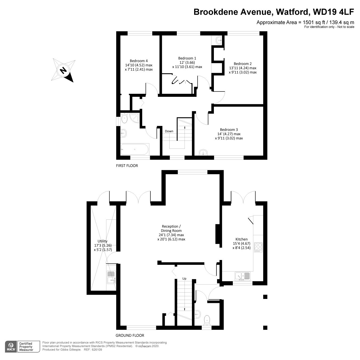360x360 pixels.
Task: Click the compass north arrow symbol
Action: tap(63, 70)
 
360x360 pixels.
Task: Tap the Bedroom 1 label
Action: tap(187, 58)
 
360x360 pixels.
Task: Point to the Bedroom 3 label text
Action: tap(229, 130)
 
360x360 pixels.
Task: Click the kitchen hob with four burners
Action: tap(258, 247)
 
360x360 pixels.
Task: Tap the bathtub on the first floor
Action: tap(135, 149)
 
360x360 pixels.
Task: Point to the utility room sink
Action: tap(111, 277)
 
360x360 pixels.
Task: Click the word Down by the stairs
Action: tap(169, 131)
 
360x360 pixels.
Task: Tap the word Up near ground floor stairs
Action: tap(184, 278)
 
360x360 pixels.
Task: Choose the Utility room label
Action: tap(103, 241)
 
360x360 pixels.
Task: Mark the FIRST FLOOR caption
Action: tap(127, 166)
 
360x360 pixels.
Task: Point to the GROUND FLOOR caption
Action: tap(130, 335)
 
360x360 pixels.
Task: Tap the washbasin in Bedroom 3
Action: tap(203, 153)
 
